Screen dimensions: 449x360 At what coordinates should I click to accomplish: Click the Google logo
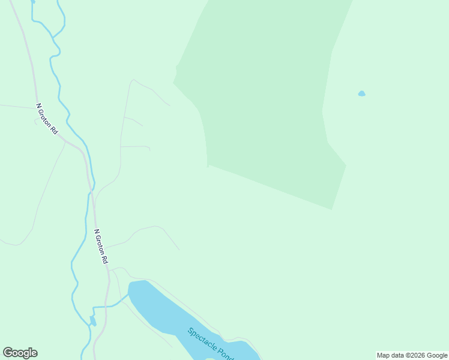(x=20, y=353)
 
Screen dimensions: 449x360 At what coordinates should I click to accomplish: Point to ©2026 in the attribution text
(x=415, y=355)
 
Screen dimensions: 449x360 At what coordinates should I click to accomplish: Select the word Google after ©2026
(x=437, y=355)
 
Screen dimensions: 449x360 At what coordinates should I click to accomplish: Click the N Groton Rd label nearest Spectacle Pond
(x=100, y=247)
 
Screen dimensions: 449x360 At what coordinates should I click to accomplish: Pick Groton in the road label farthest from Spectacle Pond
(x=46, y=118)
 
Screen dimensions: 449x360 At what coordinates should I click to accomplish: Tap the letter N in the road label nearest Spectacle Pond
(x=95, y=231)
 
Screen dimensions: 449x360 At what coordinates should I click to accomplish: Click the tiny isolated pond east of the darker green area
(x=361, y=94)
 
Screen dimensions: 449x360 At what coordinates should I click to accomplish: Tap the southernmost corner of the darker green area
(x=332, y=209)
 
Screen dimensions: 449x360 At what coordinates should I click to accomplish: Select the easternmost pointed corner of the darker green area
(x=346, y=165)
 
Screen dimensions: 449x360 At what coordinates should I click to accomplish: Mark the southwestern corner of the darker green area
(x=208, y=166)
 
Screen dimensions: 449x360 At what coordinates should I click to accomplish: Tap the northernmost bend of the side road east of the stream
(x=133, y=79)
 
